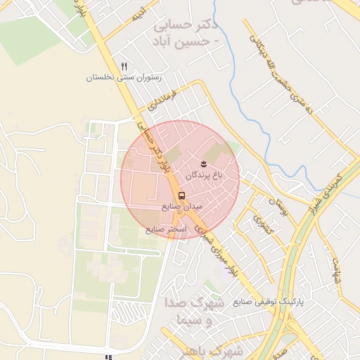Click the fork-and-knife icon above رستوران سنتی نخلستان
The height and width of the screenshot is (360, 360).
point(124,66)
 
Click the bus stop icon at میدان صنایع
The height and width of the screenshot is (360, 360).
point(182,195)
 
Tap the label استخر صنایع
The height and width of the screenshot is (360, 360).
point(166,229)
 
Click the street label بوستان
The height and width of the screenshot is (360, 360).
point(278,207)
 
